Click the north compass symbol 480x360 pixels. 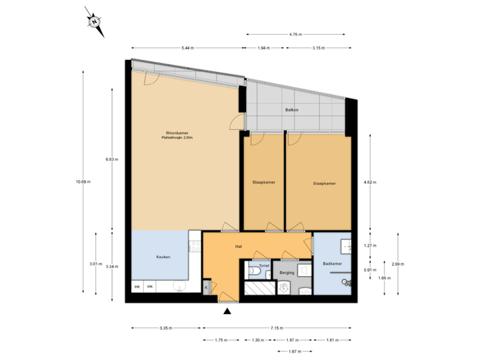pyautogui.click(x=95, y=21)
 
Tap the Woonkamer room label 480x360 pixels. pyautogui.click(x=177, y=135)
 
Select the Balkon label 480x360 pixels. pyautogui.click(x=291, y=109)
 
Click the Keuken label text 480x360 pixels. pyautogui.click(x=163, y=257)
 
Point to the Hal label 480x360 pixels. pyautogui.click(x=237, y=247)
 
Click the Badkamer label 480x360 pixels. pyautogui.click(x=332, y=264)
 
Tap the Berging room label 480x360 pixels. pyautogui.click(x=287, y=273)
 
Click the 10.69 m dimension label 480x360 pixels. pyautogui.click(x=83, y=181)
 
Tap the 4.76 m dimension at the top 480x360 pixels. pyautogui.click(x=295, y=34)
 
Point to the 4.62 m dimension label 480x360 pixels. pyautogui.click(x=367, y=181)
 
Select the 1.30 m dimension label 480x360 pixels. pyautogui.click(x=257, y=340)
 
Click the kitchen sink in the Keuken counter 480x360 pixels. pyautogui.click(x=178, y=287)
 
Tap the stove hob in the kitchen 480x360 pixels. pyautogui.click(x=195, y=247)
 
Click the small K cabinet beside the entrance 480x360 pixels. pyautogui.click(x=206, y=287)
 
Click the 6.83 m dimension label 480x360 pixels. pyautogui.click(x=110, y=159)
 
